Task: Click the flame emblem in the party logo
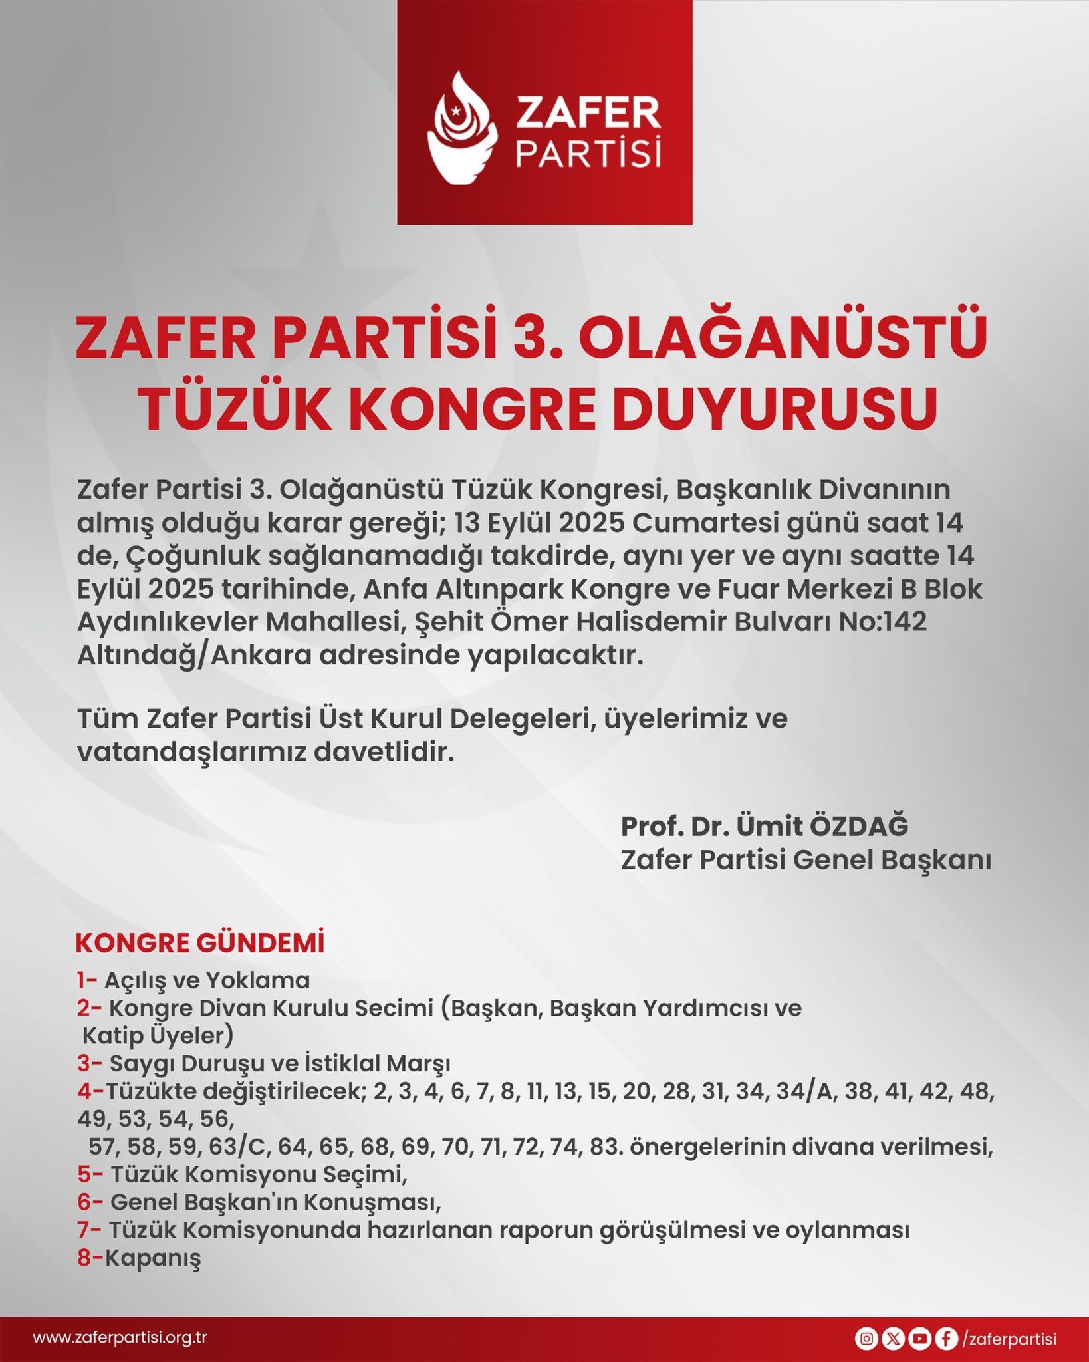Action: [x=462, y=128]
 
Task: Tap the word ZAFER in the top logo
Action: [x=588, y=113]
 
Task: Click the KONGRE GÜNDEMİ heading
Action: [x=200, y=944]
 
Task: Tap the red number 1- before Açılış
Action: [x=87, y=980]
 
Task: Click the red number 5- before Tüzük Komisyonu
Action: [x=90, y=1175]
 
